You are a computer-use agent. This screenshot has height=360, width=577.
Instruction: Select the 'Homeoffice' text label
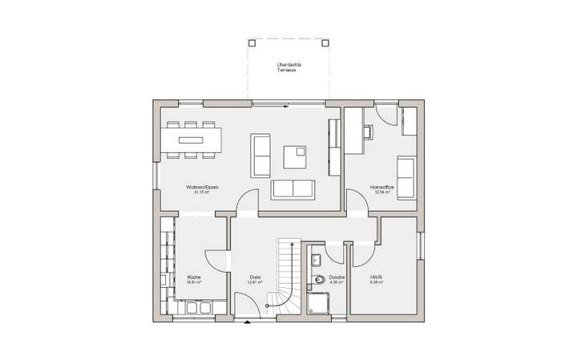point(380,190)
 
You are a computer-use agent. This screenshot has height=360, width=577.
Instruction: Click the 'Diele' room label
point(256,279)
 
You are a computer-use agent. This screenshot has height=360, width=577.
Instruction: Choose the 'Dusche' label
point(337,279)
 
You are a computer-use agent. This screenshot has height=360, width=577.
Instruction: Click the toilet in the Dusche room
point(319,280)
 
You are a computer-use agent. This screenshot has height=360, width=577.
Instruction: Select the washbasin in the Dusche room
point(315,258)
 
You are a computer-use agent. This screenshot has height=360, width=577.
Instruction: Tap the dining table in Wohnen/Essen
point(192,140)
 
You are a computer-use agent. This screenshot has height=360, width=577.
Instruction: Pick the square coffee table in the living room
point(295,156)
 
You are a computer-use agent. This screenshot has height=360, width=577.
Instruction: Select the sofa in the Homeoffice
point(406,176)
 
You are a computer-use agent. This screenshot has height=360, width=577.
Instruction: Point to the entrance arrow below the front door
point(246,322)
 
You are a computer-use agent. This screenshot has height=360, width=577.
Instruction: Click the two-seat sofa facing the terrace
point(293,188)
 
